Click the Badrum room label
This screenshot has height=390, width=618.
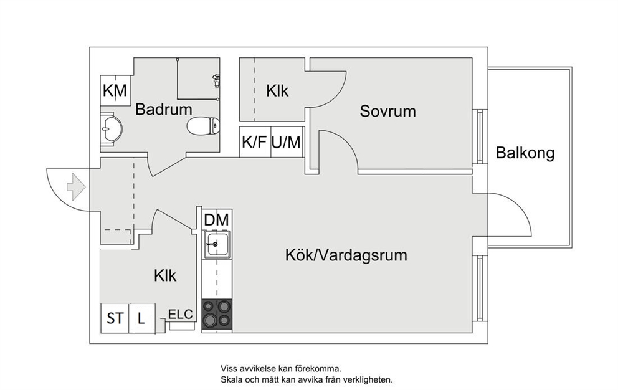[164, 109]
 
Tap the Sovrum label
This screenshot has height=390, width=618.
[388, 111]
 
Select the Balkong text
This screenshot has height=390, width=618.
[525, 153]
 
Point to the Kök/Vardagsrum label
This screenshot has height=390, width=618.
[346, 255]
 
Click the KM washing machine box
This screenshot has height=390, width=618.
[115, 90]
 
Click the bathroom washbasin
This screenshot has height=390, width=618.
[111, 128]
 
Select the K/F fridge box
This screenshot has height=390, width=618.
[255, 142]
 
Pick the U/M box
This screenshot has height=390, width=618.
[287, 142]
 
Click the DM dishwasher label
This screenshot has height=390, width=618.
[217, 220]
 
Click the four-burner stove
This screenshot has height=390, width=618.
[217, 314]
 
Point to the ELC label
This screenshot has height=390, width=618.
[181, 314]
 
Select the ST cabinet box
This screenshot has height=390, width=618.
[115, 318]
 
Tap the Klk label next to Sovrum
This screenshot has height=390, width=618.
[277, 91]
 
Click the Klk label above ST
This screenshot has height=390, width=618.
[165, 276]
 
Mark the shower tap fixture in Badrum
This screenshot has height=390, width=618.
[216, 80]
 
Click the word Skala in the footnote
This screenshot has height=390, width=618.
[231, 380]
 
